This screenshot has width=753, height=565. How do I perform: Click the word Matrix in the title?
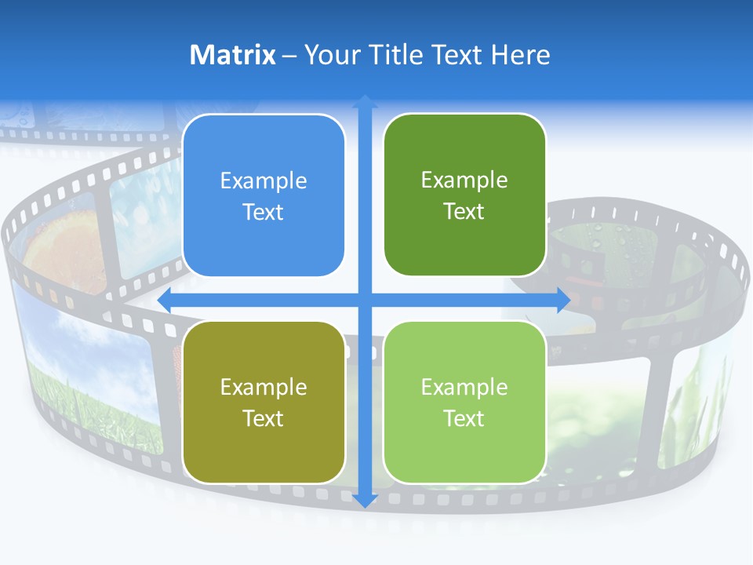coord(232,55)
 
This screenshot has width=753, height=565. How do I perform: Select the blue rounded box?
coord(264,196)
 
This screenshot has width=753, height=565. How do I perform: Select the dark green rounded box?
coord(464,196)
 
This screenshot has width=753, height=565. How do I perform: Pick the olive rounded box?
coord(264,403)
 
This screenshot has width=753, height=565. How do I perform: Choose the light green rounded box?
coord(464,403)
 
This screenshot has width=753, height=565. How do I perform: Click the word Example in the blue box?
coord(264,181)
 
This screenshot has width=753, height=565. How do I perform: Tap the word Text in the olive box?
coord(264,418)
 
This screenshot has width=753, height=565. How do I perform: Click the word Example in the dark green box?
coord(464,180)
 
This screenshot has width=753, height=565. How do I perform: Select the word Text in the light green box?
coord(464,418)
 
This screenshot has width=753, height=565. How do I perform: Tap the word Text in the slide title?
coord(458,55)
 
